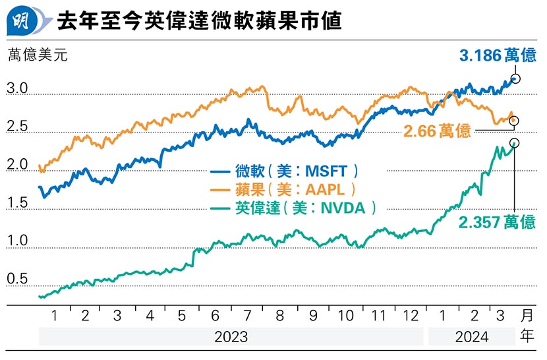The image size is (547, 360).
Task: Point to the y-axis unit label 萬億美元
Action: (38, 55)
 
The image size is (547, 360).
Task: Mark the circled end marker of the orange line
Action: (514, 121)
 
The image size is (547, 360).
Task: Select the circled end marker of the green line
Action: (514, 143)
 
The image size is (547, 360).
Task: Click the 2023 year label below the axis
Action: (231, 338)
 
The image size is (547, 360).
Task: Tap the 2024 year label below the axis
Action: (471, 338)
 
